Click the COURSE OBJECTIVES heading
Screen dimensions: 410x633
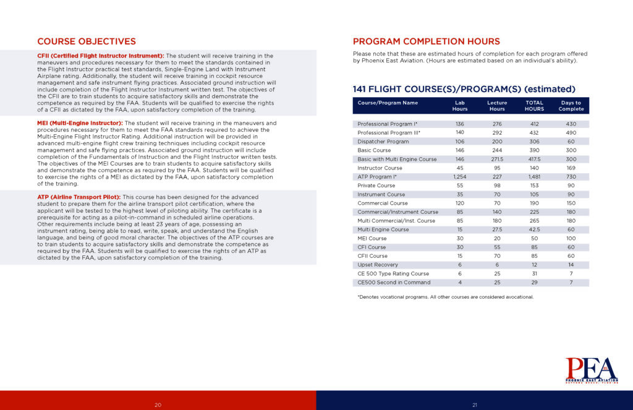pyautogui.click(x=87, y=42)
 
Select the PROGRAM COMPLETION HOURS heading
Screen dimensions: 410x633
pyautogui.click(x=426, y=41)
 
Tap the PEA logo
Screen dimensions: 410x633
pyautogui.click(x=591, y=370)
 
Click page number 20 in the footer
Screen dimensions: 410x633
pyautogui.click(x=158, y=404)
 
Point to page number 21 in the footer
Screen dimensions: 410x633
pyautogui.click(x=475, y=404)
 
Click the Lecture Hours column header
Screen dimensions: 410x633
pyautogui.click(x=497, y=106)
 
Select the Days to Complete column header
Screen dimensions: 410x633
pyautogui.click(x=571, y=106)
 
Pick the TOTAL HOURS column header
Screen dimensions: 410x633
pyautogui.click(x=534, y=106)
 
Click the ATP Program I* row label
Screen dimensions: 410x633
pyautogui.click(x=378, y=176)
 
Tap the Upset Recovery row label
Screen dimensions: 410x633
pyautogui.click(x=378, y=265)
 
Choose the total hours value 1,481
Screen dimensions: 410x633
pyautogui.click(x=534, y=176)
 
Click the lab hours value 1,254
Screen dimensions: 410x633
pyautogui.click(x=459, y=176)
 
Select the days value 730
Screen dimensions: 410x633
pyautogui.click(x=571, y=176)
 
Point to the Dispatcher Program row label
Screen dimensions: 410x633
pyautogui.click(x=383, y=141)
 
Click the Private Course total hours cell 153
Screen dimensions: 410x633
pyautogui.click(x=534, y=186)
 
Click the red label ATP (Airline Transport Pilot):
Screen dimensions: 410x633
pyautogui.click(x=79, y=197)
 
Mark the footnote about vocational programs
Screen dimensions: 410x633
pyautogui.click(x=445, y=297)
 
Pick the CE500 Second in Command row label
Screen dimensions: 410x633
pyautogui.click(x=394, y=283)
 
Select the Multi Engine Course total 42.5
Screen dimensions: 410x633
pyautogui.click(x=534, y=229)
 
